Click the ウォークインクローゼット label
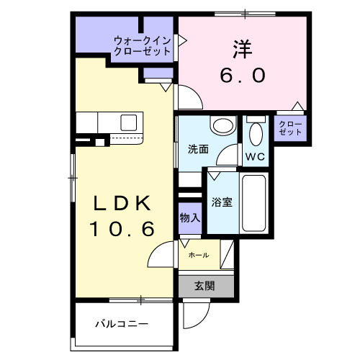[141, 46]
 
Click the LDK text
[122, 204]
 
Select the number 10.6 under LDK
[122, 230]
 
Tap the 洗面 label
[198, 150]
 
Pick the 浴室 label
[221, 202]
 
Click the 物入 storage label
[190, 217]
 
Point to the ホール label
[198, 256]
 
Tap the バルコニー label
[122, 323]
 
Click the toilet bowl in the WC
[255, 134]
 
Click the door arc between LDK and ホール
[162, 253]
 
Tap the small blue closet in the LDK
[154, 73]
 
